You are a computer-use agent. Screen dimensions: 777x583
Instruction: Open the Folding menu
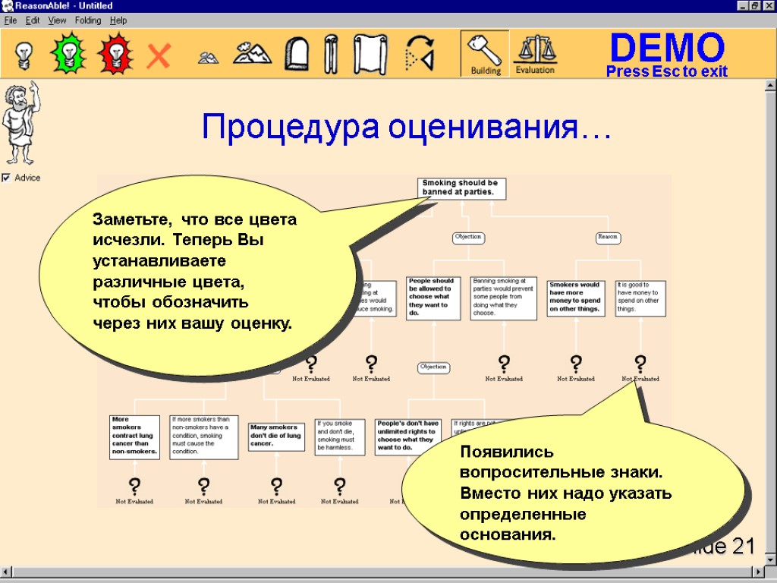pos(88,20)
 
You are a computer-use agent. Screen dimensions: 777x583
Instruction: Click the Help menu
pos(118,20)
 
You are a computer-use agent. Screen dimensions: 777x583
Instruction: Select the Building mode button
pos(486,54)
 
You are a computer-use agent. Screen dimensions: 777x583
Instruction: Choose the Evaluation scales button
pos(535,54)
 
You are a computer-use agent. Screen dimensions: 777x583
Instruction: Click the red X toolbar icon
pos(159,55)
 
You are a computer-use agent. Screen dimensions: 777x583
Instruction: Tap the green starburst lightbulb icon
pos(68,54)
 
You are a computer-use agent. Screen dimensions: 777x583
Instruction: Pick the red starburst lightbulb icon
pos(115,54)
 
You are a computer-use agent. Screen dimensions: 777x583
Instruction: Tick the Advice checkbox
pos(6,178)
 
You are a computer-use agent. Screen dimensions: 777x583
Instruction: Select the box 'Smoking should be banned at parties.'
pos(462,188)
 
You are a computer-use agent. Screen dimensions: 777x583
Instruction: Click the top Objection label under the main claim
pos(467,237)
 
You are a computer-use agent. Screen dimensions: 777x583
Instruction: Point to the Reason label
pos(608,237)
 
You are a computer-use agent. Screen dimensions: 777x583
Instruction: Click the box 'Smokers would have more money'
pos(575,298)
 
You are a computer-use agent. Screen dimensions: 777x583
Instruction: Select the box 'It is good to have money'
pos(640,298)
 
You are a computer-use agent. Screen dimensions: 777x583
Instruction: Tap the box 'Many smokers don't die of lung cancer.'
pos(277,436)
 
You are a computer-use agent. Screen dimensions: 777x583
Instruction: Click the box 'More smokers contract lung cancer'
pos(135,436)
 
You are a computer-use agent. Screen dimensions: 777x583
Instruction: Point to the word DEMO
pos(667,48)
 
